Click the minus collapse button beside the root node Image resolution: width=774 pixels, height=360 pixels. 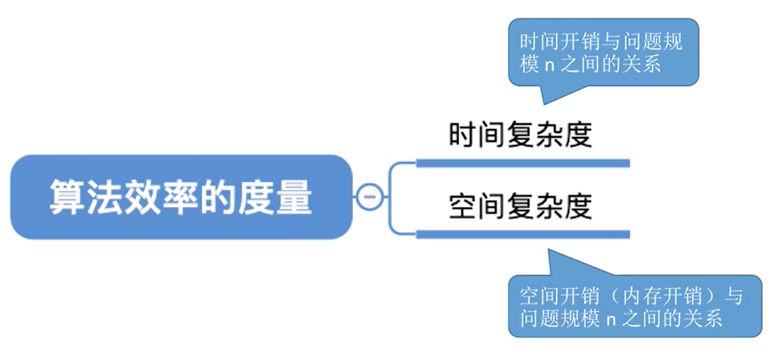(x=369, y=197)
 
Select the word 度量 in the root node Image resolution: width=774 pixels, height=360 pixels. (x=278, y=197)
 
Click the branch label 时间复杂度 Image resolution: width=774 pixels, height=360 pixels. (x=520, y=135)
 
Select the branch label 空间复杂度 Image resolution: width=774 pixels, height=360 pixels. (x=520, y=207)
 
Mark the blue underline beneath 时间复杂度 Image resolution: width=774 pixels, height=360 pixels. (x=522, y=164)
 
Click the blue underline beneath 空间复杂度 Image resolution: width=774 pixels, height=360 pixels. (x=522, y=235)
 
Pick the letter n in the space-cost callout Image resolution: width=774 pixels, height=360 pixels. (x=611, y=320)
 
